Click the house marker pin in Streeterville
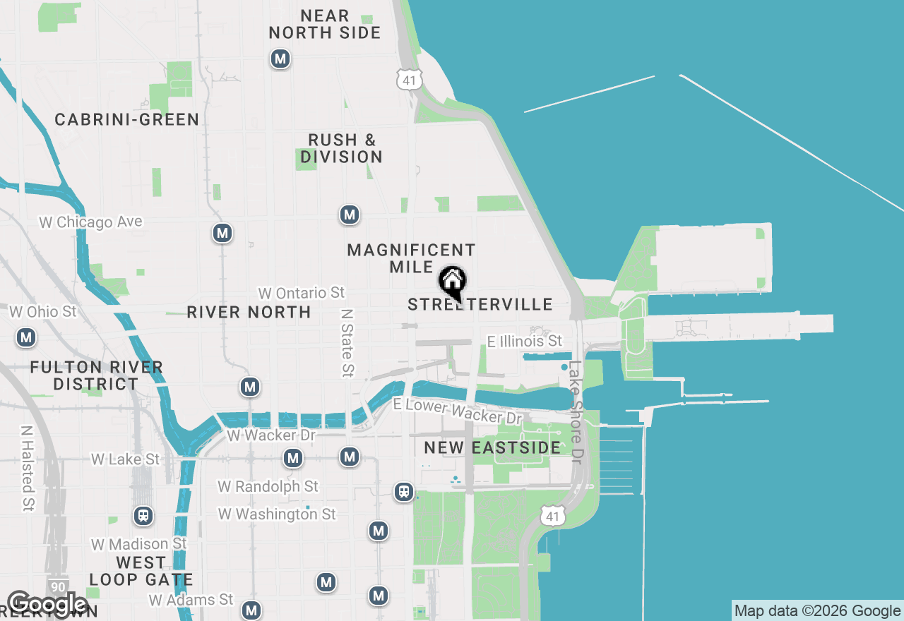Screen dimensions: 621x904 click(x=452, y=282)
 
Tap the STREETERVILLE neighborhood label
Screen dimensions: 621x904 click(x=480, y=305)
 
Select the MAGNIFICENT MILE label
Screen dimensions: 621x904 click(x=411, y=258)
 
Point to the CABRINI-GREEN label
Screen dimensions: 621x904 click(x=127, y=119)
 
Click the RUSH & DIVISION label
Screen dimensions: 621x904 click(x=342, y=148)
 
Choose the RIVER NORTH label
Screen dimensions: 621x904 click(x=249, y=312)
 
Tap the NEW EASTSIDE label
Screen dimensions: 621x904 click(x=492, y=447)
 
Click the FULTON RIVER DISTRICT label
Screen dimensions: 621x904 click(x=97, y=375)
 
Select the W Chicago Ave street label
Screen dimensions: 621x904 click(x=90, y=222)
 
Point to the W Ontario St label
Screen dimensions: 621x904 click(x=302, y=292)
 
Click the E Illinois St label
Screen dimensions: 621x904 click(x=525, y=342)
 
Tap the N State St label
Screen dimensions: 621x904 click(x=346, y=342)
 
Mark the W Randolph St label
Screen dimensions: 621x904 click(x=268, y=486)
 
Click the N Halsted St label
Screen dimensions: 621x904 click(x=27, y=467)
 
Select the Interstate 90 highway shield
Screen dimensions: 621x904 click(x=59, y=586)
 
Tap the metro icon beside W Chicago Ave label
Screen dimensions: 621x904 click(x=222, y=233)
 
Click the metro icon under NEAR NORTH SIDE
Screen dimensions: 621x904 click(x=280, y=59)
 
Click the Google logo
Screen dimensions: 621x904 click(x=47, y=604)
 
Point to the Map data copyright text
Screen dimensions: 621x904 click(x=817, y=611)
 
